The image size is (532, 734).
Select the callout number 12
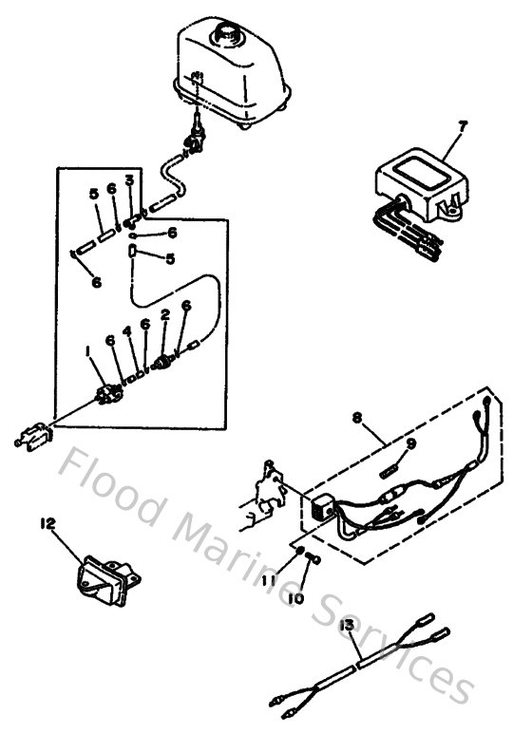48,523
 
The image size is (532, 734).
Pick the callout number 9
411,442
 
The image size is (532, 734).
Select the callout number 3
129,179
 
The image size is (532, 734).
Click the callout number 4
125,331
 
